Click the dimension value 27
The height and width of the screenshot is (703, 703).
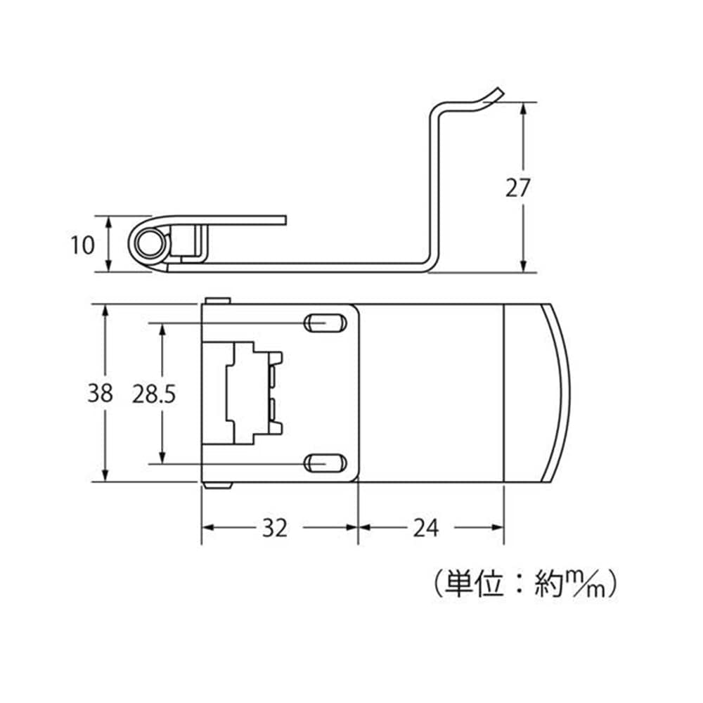point(518,188)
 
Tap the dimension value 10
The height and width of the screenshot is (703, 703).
point(82,245)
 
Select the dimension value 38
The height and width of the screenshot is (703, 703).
point(100,393)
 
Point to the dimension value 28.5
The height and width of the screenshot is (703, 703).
point(154,394)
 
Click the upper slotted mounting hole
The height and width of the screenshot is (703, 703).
point(325,323)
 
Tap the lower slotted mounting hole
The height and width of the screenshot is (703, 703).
point(325,463)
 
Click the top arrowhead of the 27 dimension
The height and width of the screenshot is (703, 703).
point(523,110)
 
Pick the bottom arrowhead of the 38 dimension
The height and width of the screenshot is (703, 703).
point(105,475)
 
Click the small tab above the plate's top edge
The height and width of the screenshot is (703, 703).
point(217,300)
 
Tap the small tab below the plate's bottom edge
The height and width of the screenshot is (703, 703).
point(217,486)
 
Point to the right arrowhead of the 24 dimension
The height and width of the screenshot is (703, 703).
point(497,527)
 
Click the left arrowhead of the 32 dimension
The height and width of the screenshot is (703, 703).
point(209,527)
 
